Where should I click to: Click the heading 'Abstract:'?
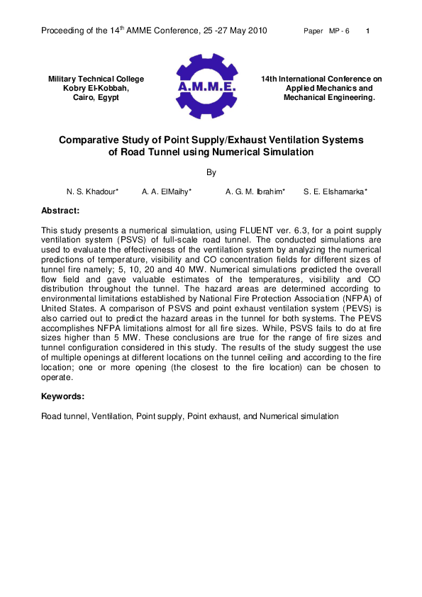[60, 211]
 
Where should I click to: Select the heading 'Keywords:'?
[62, 396]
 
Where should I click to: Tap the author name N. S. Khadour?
[92, 192]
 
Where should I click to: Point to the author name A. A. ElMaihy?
[167, 192]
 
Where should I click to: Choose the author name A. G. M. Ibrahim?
[255, 192]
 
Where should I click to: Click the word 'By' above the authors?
[211, 172]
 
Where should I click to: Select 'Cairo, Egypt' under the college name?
[96, 97]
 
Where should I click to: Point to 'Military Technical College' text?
[96, 79]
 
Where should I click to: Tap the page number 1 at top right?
[367, 32]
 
